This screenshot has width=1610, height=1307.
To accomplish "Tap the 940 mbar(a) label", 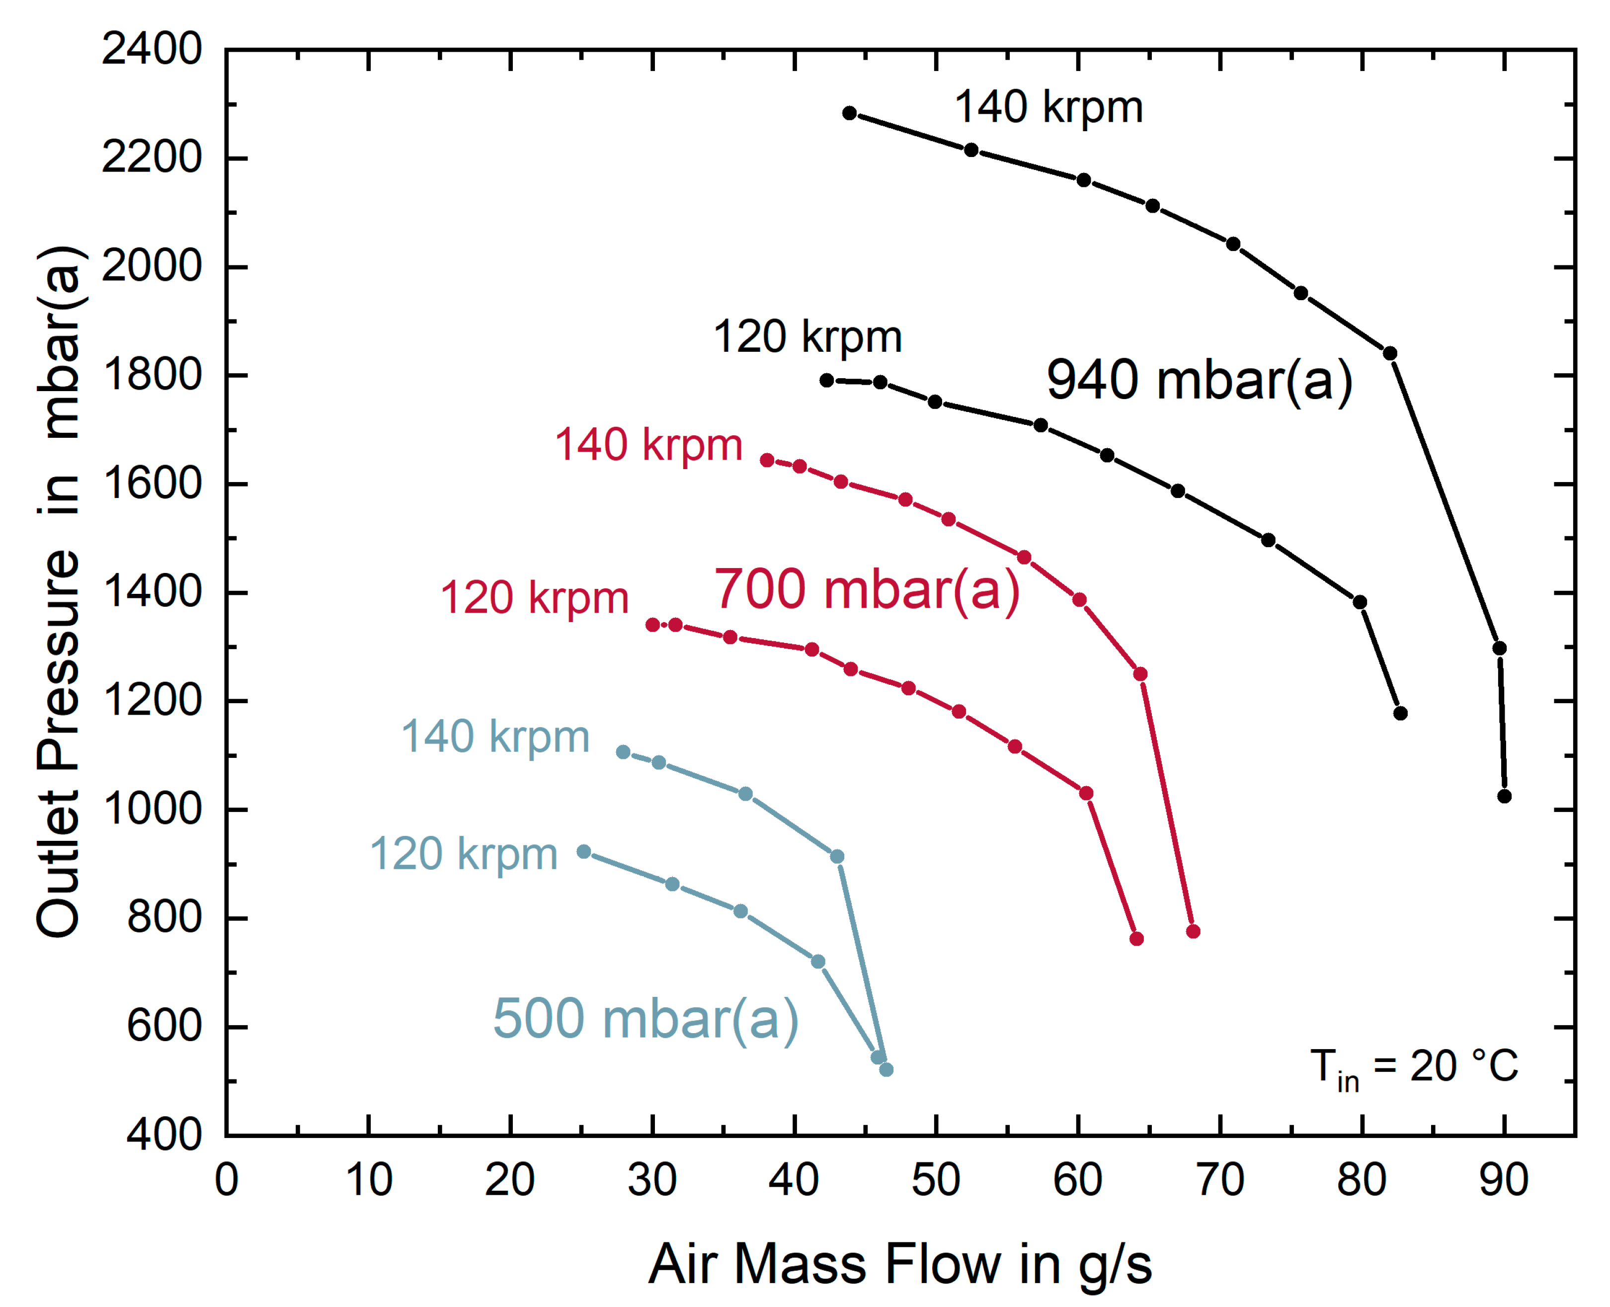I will coord(1199,380).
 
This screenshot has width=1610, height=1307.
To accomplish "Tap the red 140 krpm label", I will coord(648,444).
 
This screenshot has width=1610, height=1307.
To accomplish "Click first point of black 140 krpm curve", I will coord(849,113).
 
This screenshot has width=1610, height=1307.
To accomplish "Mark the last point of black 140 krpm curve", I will coord(1504,796).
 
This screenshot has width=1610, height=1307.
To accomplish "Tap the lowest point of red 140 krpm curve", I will coord(1193,931).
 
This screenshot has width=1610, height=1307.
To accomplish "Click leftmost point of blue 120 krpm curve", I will coord(583,851).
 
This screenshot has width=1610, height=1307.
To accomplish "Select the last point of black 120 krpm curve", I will coord(1400,713).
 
